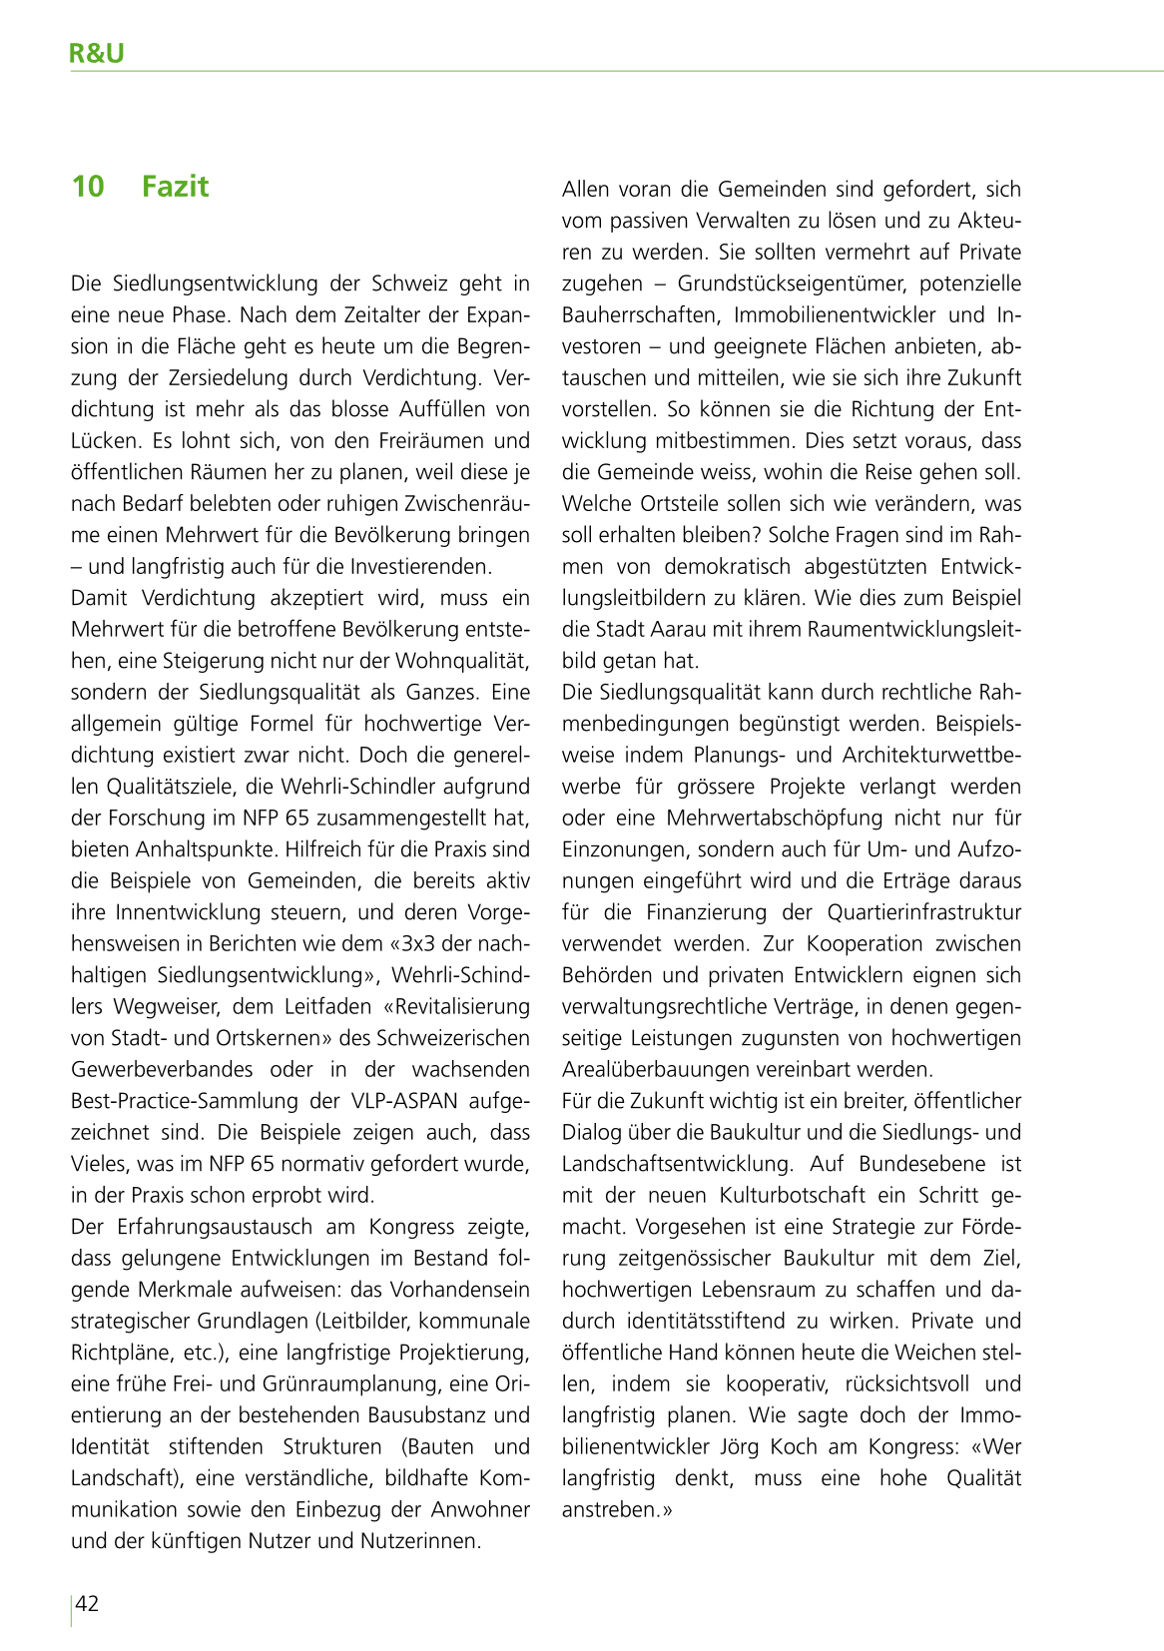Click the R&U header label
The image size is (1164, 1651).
click(x=97, y=53)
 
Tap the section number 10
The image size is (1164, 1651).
click(x=88, y=187)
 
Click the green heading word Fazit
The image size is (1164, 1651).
click(x=175, y=187)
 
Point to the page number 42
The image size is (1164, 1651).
click(x=88, y=1603)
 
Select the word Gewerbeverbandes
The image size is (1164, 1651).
click(x=162, y=1069)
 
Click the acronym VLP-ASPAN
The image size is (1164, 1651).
click(x=404, y=1101)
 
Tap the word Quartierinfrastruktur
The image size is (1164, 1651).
click(x=924, y=912)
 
